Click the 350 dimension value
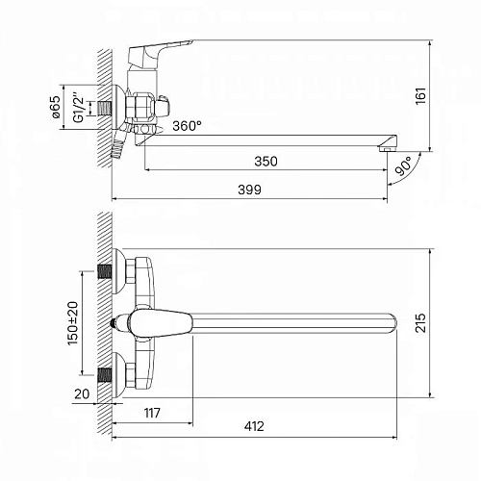(266, 162)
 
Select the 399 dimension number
(249, 190)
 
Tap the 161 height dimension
(420, 95)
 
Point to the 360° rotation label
(188, 126)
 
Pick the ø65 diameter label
(56, 107)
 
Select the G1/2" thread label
(78, 108)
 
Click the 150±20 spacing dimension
(73, 323)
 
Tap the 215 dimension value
(420, 323)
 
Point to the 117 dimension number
(152, 413)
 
